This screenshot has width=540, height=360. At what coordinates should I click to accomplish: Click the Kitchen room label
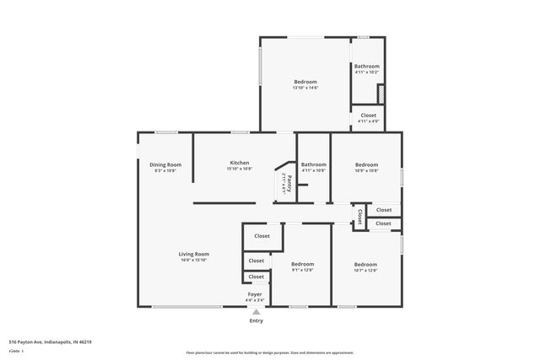tap(240, 163)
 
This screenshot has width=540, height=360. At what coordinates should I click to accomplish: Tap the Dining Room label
tap(165, 164)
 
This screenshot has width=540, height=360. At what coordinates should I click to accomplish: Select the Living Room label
tap(193, 254)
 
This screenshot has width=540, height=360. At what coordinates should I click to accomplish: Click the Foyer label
tap(255, 294)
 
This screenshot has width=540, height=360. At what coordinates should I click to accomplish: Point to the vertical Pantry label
tap(289, 183)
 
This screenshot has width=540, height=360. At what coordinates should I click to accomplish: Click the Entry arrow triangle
tap(256, 311)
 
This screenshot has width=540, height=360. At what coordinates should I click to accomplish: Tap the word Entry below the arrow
tap(256, 320)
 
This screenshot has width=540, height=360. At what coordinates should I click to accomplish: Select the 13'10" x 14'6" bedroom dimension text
tap(305, 88)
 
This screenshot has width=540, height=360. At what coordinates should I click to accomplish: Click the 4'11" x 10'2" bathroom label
tap(366, 73)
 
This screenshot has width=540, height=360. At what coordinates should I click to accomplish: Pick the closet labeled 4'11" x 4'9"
tap(368, 118)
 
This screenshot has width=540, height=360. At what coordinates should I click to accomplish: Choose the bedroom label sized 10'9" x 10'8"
tap(366, 170)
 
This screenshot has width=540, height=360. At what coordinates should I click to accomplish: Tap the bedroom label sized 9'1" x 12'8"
tap(302, 270)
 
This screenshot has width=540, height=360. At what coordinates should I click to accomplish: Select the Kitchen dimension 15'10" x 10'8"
tap(240, 169)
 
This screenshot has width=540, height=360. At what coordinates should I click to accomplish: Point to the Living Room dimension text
tap(193, 261)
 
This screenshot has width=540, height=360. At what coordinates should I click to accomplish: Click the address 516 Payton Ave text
tap(50, 341)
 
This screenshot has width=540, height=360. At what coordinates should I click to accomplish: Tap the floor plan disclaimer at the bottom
tap(269, 353)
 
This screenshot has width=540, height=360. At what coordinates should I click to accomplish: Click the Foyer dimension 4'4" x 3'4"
tap(255, 300)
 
